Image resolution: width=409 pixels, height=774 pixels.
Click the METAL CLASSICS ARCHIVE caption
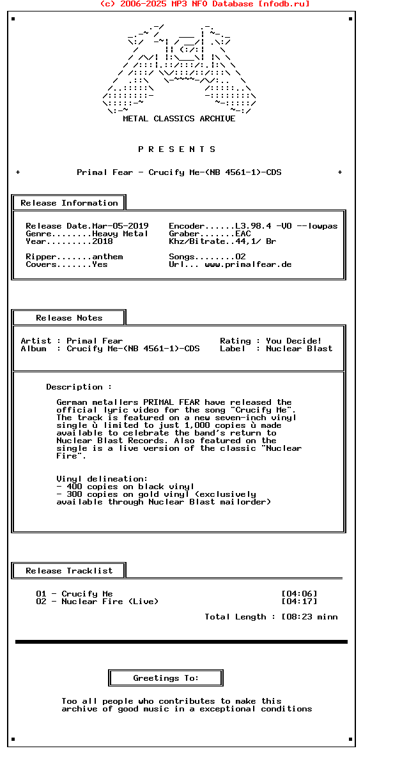[x=179, y=119]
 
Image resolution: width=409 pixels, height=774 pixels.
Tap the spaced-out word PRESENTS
[x=177, y=149]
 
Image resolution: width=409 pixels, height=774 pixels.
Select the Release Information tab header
[x=69, y=203]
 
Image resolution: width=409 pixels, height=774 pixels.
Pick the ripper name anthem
[x=107, y=257]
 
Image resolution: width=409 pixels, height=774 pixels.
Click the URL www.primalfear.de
[x=248, y=264]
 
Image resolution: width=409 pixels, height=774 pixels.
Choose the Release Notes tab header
[x=69, y=318]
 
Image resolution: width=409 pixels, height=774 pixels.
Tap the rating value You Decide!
[x=294, y=341]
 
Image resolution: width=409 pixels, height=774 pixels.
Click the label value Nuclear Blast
[x=299, y=349]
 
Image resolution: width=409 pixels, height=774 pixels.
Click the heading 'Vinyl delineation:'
[x=102, y=479]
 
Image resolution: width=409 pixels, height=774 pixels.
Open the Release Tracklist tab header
[x=69, y=571]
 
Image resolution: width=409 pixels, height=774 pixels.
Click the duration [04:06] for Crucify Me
[x=299, y=594]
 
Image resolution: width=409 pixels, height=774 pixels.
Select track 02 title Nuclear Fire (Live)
[x=110, y=602]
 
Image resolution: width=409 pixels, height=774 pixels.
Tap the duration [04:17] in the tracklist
[x=299, y=602]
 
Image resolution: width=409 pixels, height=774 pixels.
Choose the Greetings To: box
[x=166, y=678]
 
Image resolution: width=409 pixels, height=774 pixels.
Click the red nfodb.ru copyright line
[x=204, y=4]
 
